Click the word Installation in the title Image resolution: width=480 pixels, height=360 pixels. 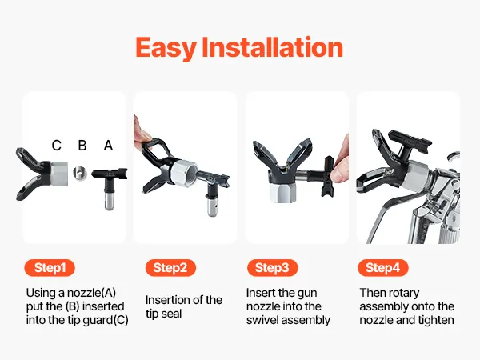273,47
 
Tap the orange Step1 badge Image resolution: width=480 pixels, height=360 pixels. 50,268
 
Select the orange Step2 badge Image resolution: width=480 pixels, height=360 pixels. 170,268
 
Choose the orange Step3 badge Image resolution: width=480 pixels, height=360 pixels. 272,268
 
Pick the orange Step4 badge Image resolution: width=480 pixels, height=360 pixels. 383,268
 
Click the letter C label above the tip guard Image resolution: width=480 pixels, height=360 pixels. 56,146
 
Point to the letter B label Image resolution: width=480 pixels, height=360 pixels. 82,146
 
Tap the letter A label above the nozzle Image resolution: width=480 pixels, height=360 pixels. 108,146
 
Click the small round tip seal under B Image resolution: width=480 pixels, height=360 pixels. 79,174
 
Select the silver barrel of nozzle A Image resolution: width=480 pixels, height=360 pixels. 109,201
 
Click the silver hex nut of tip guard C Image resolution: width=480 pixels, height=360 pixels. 59,174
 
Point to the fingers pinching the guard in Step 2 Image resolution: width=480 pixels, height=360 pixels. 142,130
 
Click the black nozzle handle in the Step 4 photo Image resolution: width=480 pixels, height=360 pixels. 410,142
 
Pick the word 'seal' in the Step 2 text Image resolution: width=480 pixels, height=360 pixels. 172,314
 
